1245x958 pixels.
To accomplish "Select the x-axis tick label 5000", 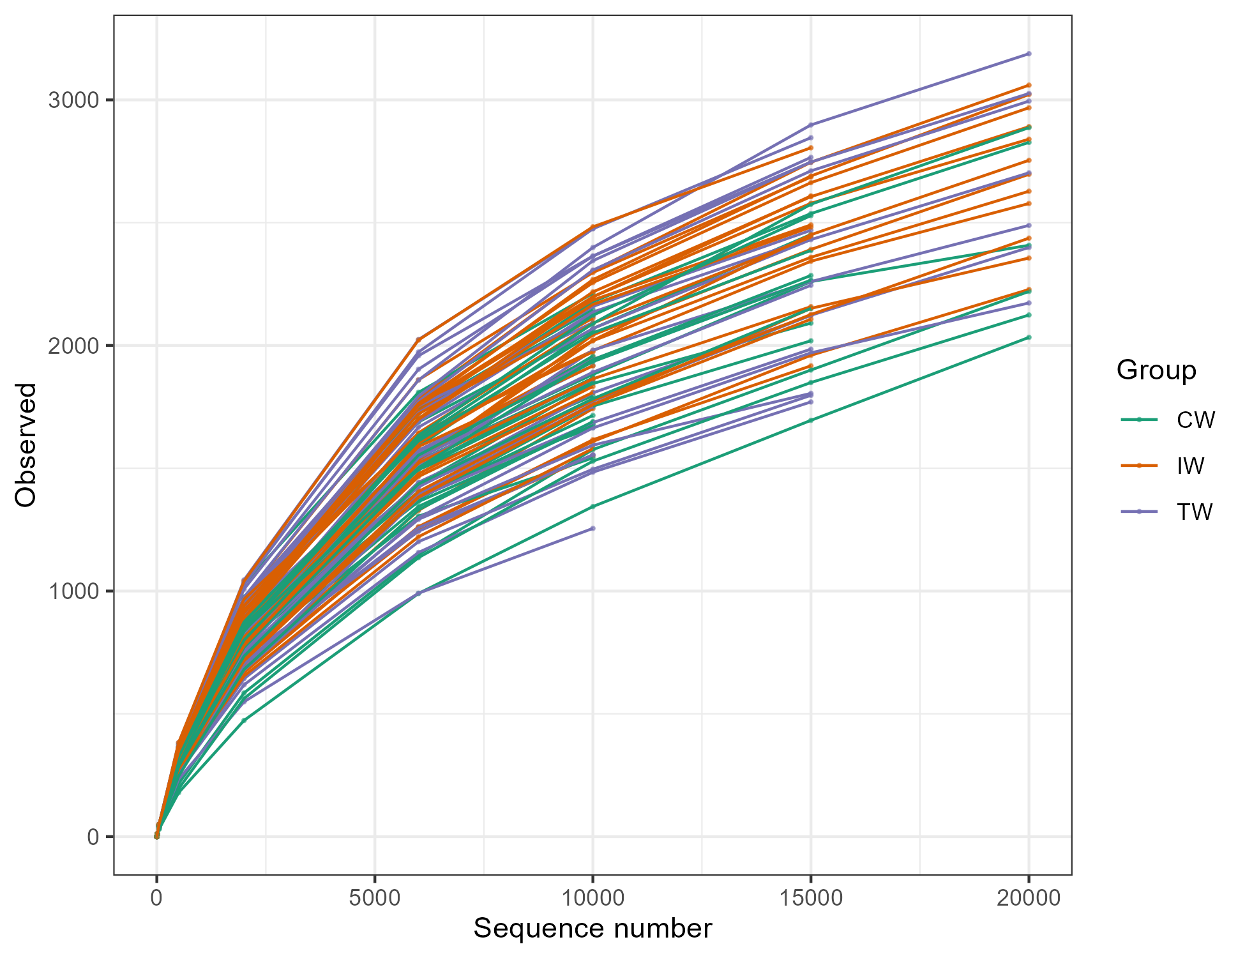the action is coord(375,897).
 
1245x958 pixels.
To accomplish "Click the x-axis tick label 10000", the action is coord(592,897).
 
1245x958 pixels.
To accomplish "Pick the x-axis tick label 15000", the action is coord(811,897).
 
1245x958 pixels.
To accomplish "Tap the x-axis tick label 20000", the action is coord(1029,897).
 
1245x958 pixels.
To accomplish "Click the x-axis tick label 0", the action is coord(156,897).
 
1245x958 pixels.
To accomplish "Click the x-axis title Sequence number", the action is coord(592,929).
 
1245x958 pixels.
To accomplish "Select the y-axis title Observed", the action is coord(27,445).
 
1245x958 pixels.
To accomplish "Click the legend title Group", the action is coord(1156,370).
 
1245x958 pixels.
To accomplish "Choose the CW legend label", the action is coord(1196,420).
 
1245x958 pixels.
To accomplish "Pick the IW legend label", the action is coord(1191,466).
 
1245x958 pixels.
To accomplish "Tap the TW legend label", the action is coord(1195,512).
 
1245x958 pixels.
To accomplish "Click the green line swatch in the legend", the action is coord(1139,420).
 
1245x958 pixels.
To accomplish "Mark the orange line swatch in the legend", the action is coord(1139,466).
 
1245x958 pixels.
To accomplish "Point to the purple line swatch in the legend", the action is coord(1139,512).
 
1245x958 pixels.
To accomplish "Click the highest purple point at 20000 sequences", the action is coord(1029,54).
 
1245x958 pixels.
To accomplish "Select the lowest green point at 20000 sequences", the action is coord(1029,337).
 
